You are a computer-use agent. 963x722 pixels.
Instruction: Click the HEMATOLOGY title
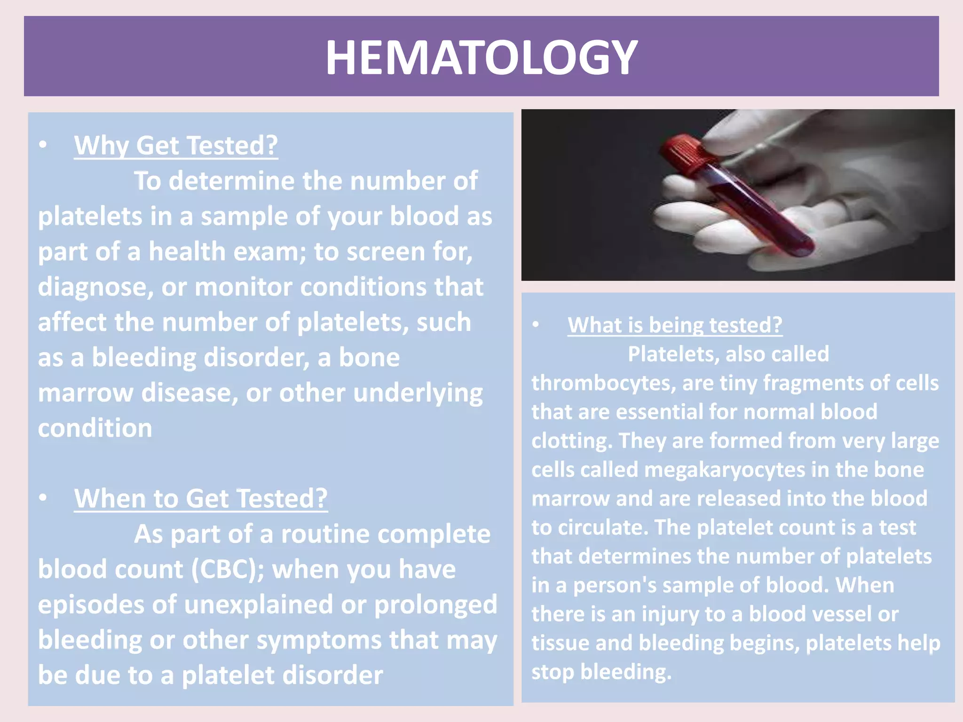[x=481, y=57]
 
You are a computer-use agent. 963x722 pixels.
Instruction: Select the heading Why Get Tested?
[x=176, y=146]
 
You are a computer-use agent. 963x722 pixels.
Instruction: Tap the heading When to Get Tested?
[x=201, y=499]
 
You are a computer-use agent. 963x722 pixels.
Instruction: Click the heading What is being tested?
[x=675, y=325]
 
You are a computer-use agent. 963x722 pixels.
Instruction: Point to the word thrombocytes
[x=603, y=383]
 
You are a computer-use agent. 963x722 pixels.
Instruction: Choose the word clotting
[x=572, y=441]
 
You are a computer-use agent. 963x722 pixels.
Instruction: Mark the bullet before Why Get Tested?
[x=43, y=145]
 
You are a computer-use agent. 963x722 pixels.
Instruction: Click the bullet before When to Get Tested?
[x=43, y=498]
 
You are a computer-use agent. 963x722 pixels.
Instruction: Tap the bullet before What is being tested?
[x=536, y=325]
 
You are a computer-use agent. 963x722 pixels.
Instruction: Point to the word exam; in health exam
[x=269, y=252]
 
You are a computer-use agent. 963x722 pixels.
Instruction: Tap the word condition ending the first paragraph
[x=95, y=428]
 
